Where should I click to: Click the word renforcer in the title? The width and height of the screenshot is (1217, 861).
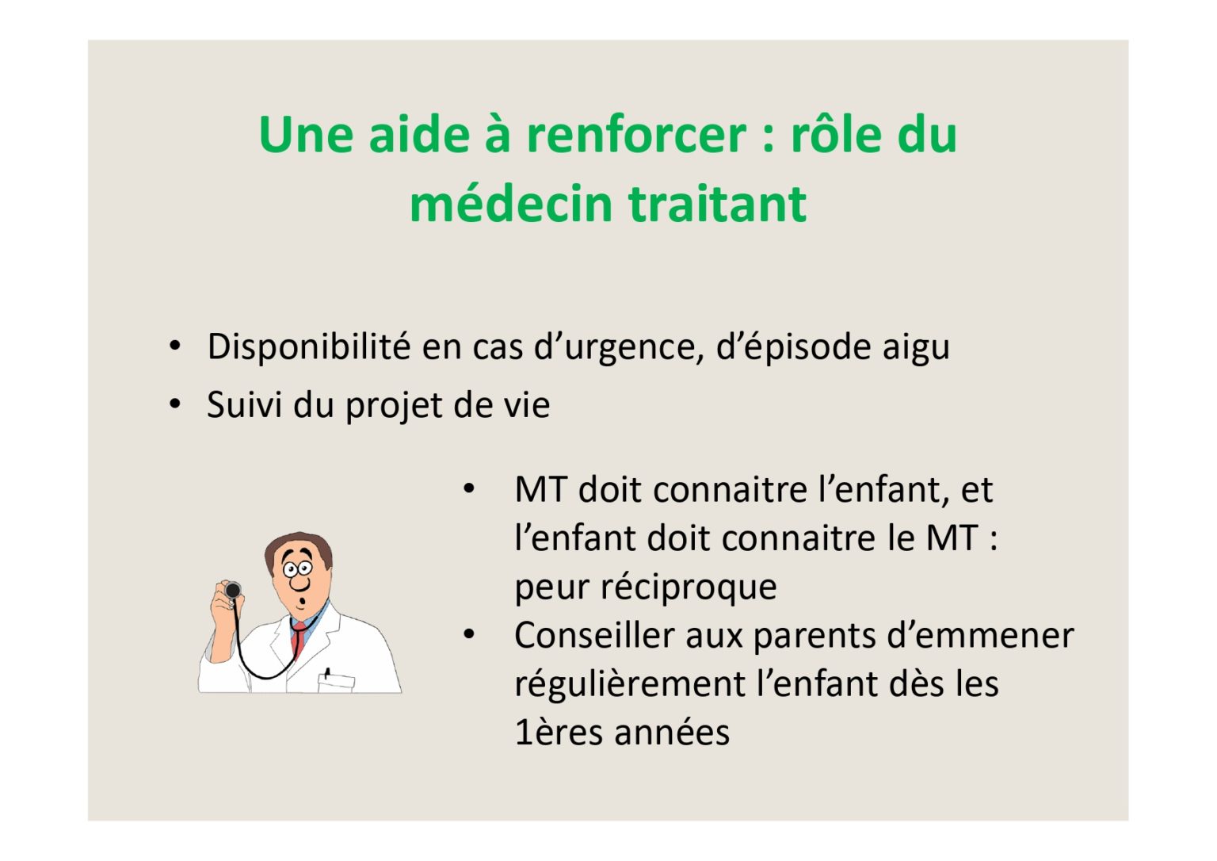[636, 134]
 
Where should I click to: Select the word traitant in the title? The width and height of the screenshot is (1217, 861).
[717, 205]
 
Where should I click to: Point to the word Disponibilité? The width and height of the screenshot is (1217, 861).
[308, 346]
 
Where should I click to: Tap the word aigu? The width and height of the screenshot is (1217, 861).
[916, 348]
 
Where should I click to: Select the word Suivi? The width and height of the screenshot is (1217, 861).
[244, 404]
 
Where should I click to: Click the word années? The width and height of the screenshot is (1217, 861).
[672, 733]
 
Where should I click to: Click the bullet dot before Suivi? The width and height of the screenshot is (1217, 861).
[174, 404]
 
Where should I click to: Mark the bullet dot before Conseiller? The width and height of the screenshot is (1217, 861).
[469, 633]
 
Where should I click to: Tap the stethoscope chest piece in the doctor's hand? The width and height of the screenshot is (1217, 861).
[233, 590]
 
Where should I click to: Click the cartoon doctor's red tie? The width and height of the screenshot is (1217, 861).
[298, 639]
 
